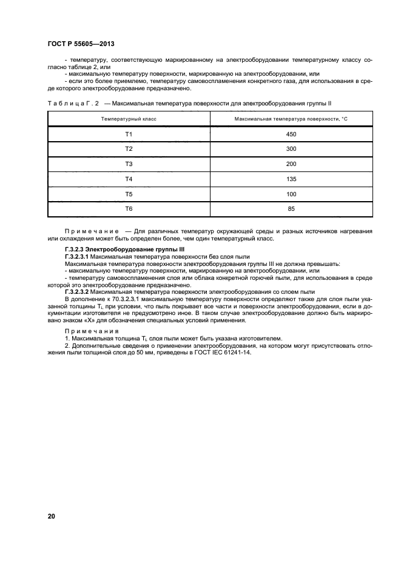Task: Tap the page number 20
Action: [x=52, y=516]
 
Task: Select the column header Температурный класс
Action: [x=129, y=119]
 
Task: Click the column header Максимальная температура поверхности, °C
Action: [x=291, y=119]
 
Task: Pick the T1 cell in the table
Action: [x=129, y=134]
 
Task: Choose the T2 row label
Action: [x=129, y=149]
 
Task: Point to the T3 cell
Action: [x=129, y=164]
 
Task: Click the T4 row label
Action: [x=129, y=179]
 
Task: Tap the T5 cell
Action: [x=129, y=194]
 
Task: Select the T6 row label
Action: [x=129, y=209]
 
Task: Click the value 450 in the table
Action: [x=291, y=134]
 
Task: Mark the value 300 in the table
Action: [x=291, y=149]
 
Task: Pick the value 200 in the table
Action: [x=291, y=164]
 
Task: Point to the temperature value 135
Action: [x=291, y=179]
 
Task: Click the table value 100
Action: [x=291, y=194]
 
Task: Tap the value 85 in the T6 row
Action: [x=291, y=209]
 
